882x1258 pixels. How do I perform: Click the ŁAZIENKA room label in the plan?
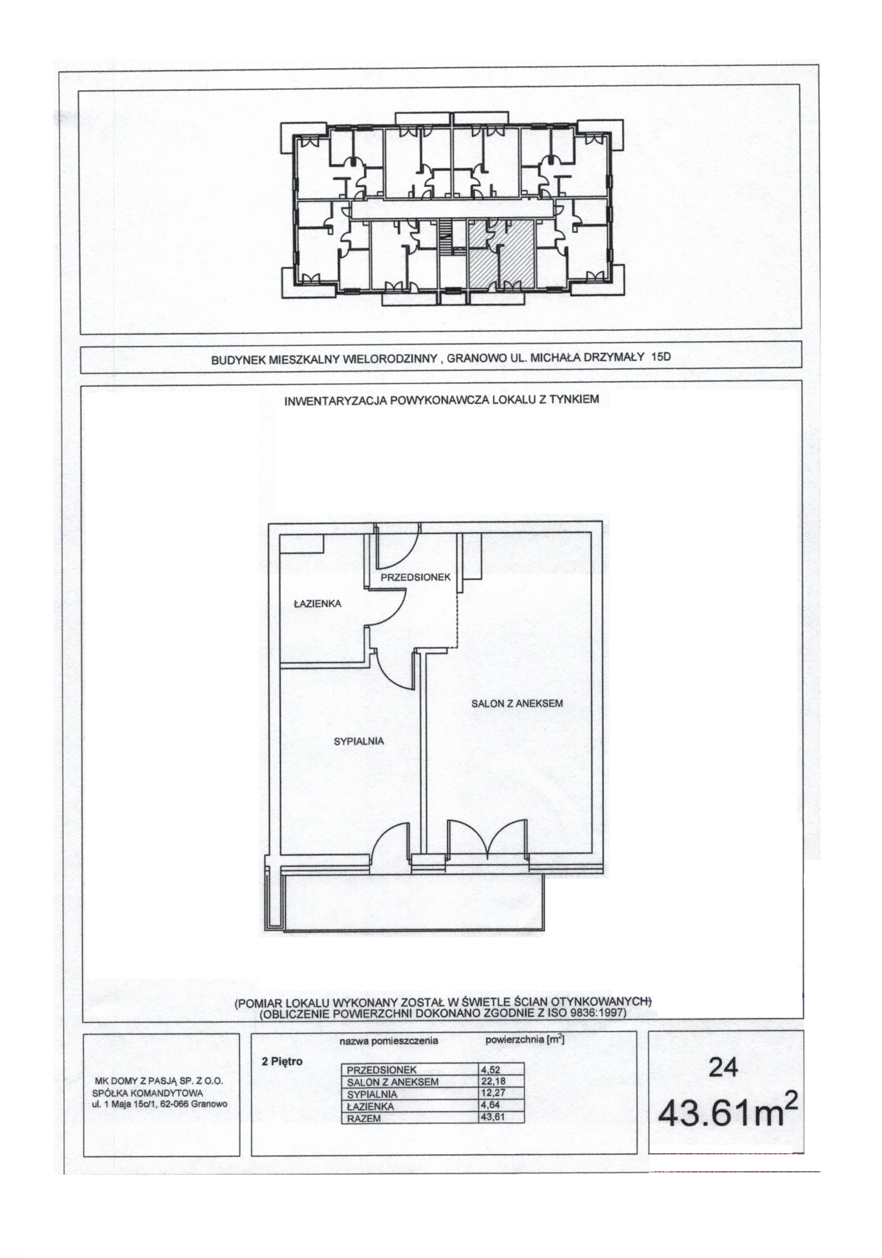[317, 604]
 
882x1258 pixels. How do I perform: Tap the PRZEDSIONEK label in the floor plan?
[416, 577]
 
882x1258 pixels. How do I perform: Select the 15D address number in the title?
[660, 357]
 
